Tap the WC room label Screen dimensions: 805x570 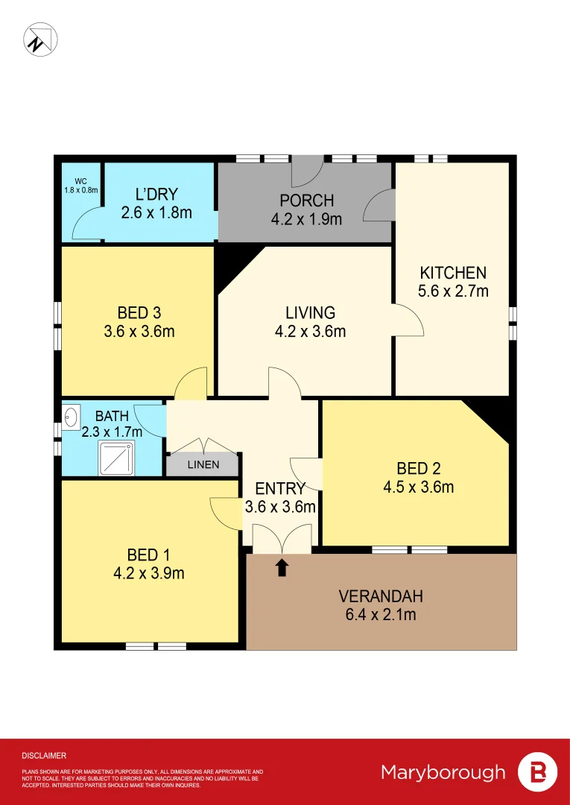80,181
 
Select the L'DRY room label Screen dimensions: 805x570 156,195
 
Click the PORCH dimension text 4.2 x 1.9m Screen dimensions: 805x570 306,219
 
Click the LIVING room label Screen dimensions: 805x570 311,313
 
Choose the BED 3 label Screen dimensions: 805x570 139,313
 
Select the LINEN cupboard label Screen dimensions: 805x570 203,465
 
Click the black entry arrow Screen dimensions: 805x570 282,568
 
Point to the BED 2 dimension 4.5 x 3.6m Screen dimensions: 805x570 418,488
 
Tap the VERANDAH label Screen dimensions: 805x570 381,596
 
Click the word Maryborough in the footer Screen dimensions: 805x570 443,772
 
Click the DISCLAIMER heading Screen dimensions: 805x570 44,756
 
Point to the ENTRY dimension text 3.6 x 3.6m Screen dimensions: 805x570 280,508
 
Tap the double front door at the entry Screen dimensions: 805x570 282,538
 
